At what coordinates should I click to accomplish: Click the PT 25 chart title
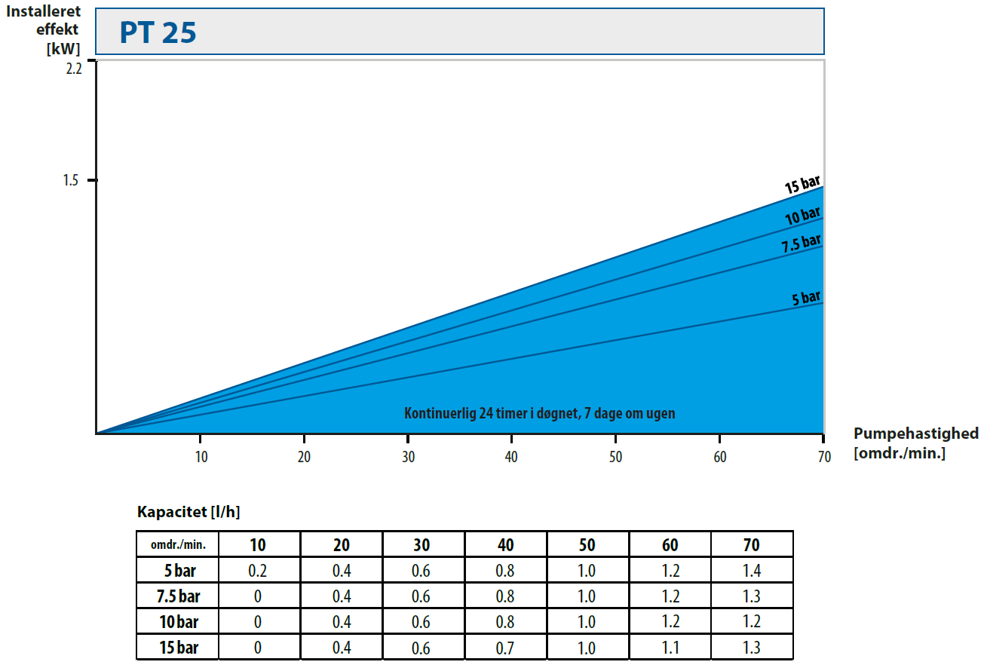tap(158, 32)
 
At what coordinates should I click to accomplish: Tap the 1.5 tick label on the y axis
tap(72, 181)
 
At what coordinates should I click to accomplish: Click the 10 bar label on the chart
tap(802, 216)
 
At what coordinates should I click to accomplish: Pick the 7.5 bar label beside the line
tap(801, 244)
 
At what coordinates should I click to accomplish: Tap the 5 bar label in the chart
tap(806, 298)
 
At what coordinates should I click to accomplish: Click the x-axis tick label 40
tap(511, 457)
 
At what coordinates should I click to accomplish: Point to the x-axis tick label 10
tap(201, 457)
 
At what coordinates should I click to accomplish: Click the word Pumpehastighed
tap(915, 434)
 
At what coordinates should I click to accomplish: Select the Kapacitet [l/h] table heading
tap(189, 512)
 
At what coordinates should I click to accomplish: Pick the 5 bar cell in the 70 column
tap(751, 571)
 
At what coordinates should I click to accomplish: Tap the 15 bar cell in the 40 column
tap(505, 648)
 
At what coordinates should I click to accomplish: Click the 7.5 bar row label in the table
tap(179, 596)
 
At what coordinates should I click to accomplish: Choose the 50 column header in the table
tap(587, 544)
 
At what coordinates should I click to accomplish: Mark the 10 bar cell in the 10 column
tap(258, 622)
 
